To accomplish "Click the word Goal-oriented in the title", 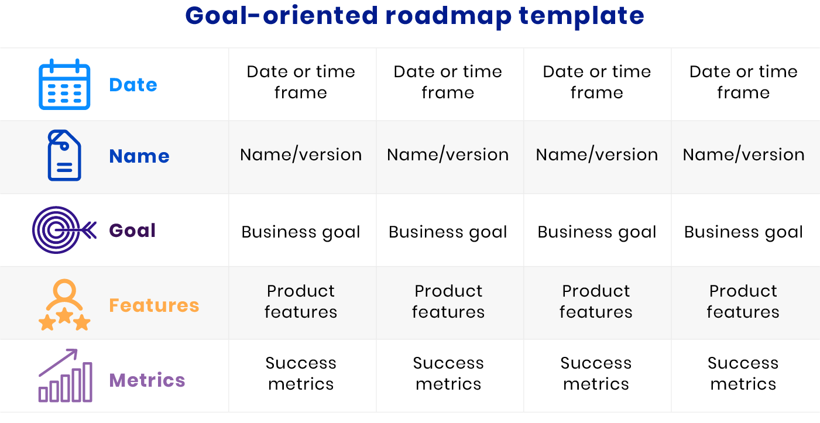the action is pyautogui.click(x=282, y=16).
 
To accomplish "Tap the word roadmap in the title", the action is pyautogui.click(x=448, y=16).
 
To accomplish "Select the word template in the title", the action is pyautogui.click(x=581, y=16).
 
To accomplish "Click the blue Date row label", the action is pyautogui.click(x=133, y=84).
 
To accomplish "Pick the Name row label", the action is pyautogui.click(x=139, y=156).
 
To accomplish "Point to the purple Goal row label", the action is pyautogui.click(x=132, y=231).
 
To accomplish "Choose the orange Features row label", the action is pyautogui.click(x=154, y=305).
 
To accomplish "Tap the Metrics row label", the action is pyautogui.click(x=147, y=380).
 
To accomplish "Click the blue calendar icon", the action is pyautogui.click(x=64, y=84).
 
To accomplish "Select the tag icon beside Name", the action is pyautogui.click(x=64, y=155).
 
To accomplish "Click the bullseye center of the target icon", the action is pyautogui.click(x=56, y=230).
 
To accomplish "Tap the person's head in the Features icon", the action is pyautogui.click(x=64, y=291).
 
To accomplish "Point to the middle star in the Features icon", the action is pyautogui.click(x=65, y=315).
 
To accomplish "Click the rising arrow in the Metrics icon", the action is pyautogui.click(x=58, y=362).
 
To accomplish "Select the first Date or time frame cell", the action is pyautogui.click(x=301, y=82).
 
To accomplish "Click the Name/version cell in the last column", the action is pyautogui.click(x=743, y=154).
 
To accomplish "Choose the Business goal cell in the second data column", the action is pyautogui.click(x=448, y=232).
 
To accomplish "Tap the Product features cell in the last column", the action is pyautogui.click(x=743, y=301).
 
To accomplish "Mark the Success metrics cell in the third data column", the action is pyautogui.click(x=596, y=374).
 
